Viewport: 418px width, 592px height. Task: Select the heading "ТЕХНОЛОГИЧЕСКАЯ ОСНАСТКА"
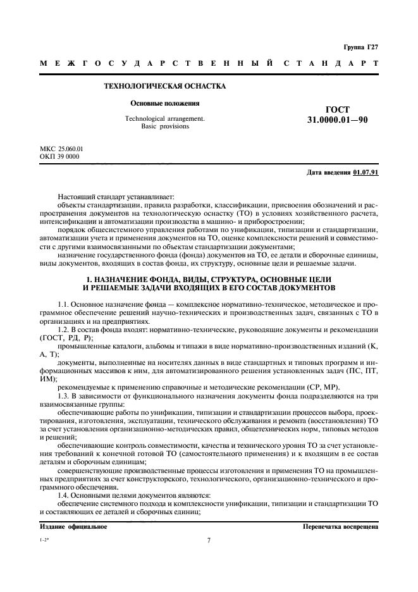(x=164, y=86)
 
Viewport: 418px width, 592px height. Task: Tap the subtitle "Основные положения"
(x=165, y=103)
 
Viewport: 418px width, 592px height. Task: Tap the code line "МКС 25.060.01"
(x=61, y=149)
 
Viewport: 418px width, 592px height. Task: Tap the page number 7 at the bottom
(x=209, y=540)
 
